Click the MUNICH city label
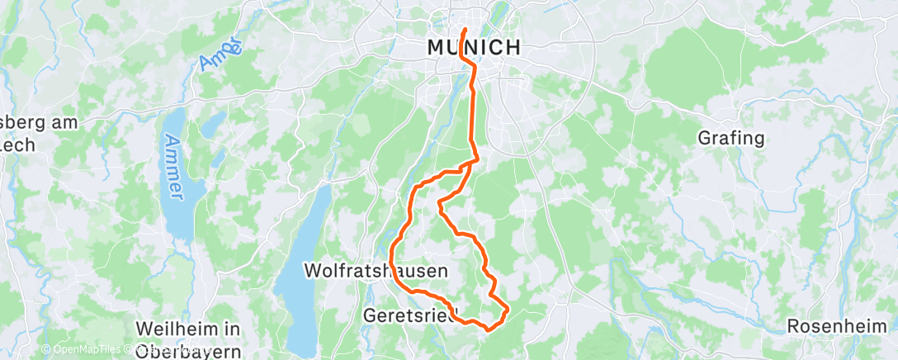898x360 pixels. [x=475, y=47]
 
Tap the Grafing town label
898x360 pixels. [x=731, y=138]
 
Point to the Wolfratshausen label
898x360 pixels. [x=376, y=270]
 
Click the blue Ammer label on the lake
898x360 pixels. [x=174, y=166]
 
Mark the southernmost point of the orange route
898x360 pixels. [x=488, y=329]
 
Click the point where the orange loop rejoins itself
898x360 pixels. [x=469, y=165]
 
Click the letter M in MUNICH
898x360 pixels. [x=437, y=47]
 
